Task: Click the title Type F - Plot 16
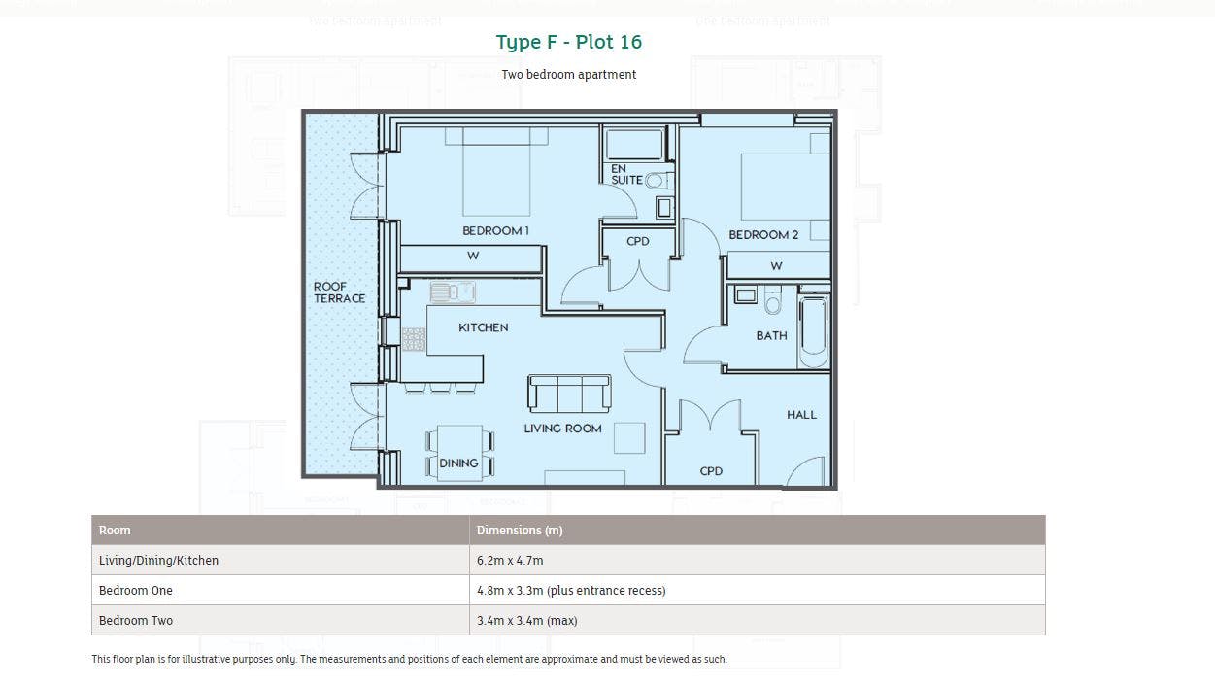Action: pyautogui.click(x=568, y=42)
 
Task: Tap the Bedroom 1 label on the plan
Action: pyautogui.click(x=495, y=230)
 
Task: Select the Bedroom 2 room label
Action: pyautogui.click(x=763, y=235)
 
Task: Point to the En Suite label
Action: pyautogui.click(x=626, y=174)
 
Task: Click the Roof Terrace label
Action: pyautogui.click(x=339, y=292)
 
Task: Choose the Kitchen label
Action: pyautogui.click(x=484, y=327)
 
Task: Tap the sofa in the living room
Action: pyautogui.click(x=569, y=394)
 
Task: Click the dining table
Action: pyautogui.click(x=460, y=453)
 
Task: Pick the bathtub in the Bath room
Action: pyautogui.click(x=814, y=331)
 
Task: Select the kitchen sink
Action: pyautogui.click(x=453, y=292)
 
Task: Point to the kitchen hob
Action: pyautogui.click(x=414, y=339)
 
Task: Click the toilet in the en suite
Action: pyautogui.click(x=658, y=180)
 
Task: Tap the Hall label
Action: pyautogui.click(x=801, y=415)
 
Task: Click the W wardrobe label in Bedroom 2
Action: pyautogui.click(x=776, y=266)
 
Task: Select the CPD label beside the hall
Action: pyautogui.click(x=711, y=471)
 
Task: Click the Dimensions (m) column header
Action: pyautogui.click(x=520, y=531)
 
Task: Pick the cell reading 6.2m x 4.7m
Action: pyautogui.click(x=510, y=560)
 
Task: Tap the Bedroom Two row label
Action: pyautogui.click(x=136, y=620)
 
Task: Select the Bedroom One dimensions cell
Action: pyautogui.click(x=571, y=591)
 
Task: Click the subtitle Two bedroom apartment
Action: pyautogui.click(x=568, y=75)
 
